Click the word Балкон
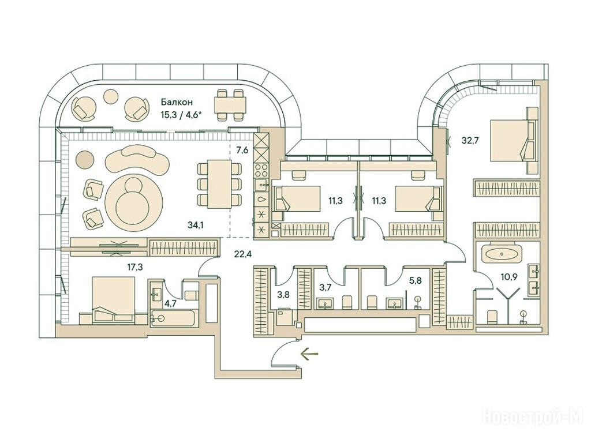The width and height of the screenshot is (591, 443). [177, 102]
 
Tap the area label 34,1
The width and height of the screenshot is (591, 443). [196, 225]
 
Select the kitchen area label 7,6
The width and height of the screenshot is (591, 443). [242, 151]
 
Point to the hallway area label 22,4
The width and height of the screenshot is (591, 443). [243, 254]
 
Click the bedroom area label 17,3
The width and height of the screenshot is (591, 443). [135, 268]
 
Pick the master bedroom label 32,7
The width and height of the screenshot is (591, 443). [470, 141]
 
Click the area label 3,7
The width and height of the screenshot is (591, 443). [325, 288]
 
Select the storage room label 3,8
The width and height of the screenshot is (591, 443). [283, 295]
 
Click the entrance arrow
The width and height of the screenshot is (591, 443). [309, 354]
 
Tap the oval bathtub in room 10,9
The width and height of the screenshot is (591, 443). [503, 254]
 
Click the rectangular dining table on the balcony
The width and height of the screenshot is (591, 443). [230, 105]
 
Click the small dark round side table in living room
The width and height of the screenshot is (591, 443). [84, 160]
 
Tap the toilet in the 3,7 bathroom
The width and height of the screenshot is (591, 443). [347, 302]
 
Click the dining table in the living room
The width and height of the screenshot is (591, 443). [219, 184]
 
